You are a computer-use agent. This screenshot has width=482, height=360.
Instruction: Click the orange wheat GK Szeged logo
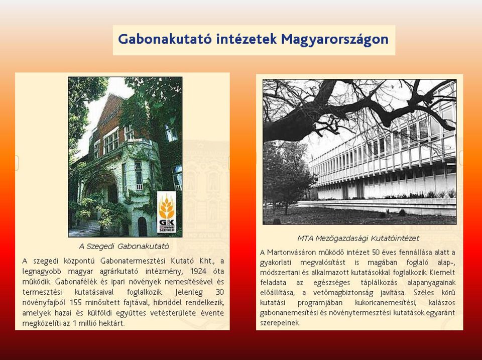(167, 212)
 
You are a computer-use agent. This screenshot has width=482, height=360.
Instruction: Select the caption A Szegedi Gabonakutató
(124, 246)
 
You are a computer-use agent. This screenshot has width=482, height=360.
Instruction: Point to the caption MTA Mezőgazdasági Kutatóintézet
(358, 238)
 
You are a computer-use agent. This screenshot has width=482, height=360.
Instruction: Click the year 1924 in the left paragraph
(198, 272)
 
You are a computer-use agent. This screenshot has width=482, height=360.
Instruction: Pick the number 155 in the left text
(76, 303)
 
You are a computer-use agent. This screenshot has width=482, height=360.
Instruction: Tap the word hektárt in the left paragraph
(111, 323)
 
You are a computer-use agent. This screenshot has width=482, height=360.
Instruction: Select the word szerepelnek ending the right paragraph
(280, 323)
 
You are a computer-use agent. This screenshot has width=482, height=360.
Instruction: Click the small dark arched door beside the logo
(142, 226)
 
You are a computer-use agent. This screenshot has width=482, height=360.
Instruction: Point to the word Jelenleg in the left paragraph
(189, 292)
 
